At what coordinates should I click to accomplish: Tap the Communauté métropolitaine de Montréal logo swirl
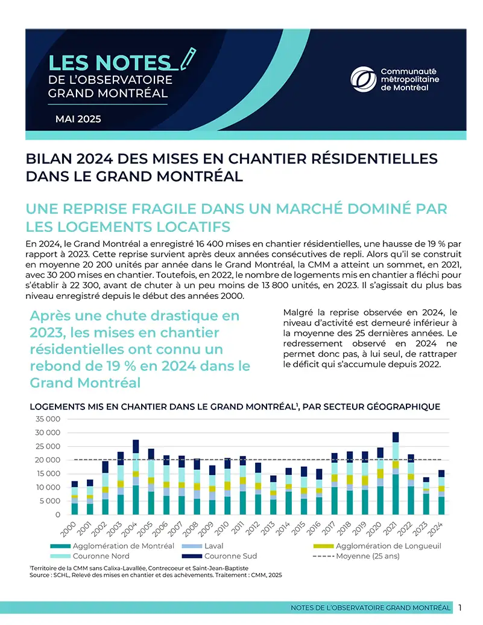363,79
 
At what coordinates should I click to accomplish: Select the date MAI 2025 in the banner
78,119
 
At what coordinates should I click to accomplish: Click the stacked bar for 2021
396,473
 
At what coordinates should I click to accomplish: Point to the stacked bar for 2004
136,477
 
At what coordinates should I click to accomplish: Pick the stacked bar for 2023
426,496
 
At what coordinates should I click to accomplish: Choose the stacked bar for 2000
75,498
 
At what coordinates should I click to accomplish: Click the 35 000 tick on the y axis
48,419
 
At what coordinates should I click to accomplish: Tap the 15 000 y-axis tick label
48,473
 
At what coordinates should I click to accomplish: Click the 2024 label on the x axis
435,528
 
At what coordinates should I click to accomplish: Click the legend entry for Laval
202,546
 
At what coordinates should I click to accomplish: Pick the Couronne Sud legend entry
219,556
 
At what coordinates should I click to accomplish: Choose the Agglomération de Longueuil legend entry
377,546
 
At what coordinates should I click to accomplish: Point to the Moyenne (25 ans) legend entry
356,556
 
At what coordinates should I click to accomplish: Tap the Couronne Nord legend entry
90,556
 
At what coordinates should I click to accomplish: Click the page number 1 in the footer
460,607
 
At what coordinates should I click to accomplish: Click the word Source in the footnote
39,575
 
